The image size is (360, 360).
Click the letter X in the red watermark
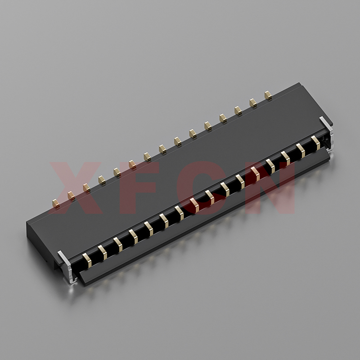(76, 188)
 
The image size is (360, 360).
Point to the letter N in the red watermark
(270, 188)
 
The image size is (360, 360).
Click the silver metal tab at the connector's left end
(68, 266)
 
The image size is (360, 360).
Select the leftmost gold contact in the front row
(87, 260)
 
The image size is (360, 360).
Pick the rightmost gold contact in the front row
(316, 143)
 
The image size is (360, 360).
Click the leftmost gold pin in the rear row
(56, 203)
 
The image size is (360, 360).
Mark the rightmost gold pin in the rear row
(268, 95)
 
